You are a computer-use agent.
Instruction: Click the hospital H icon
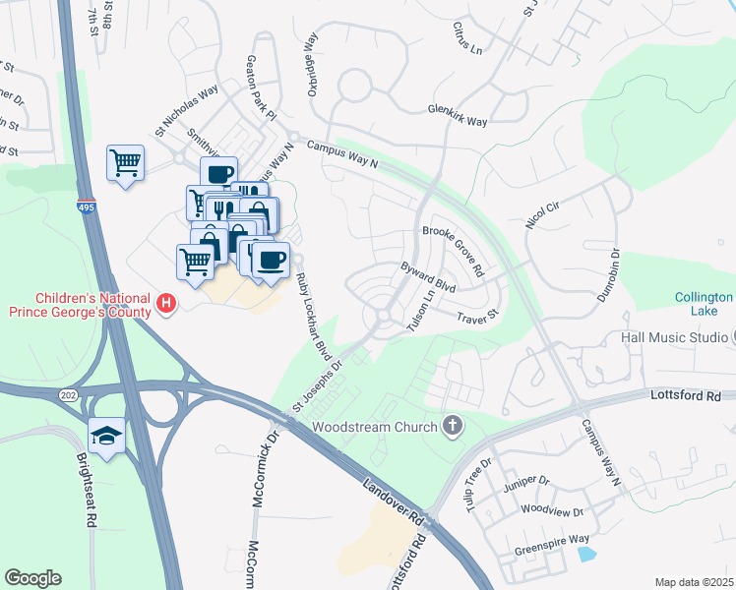[166, 305]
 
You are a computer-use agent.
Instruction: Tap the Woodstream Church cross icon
[453, 427]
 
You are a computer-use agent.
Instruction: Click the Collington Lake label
[704, 304]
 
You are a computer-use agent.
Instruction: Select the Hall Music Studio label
[674, 337]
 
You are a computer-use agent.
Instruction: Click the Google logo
[32, 578]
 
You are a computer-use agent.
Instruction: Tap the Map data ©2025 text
[694, 582]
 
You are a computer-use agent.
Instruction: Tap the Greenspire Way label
[555, 539]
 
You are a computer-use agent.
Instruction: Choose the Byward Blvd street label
[428, 277]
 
